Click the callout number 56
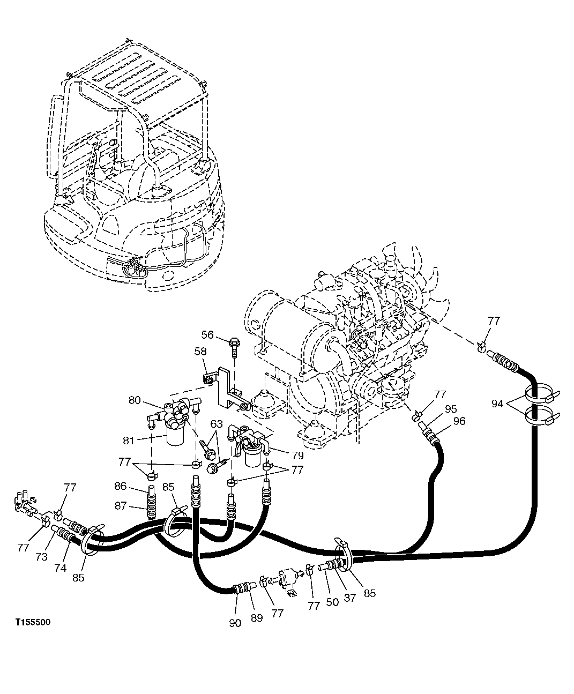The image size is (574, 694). coord(207,335)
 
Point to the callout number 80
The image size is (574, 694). coord(135,400)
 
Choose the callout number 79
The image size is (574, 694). coord(297,456)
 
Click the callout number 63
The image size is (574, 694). coord(216,424)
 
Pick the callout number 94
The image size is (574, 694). coord(497,404)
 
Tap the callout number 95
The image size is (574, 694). coord(450,409)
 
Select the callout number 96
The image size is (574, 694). coord(459,421)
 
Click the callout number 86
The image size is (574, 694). coord(121,487)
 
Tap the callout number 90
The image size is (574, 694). coord(236,622)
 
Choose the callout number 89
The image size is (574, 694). coord(257,617)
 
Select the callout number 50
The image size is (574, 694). coord(332,601)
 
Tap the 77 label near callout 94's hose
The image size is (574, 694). coord(494,320)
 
